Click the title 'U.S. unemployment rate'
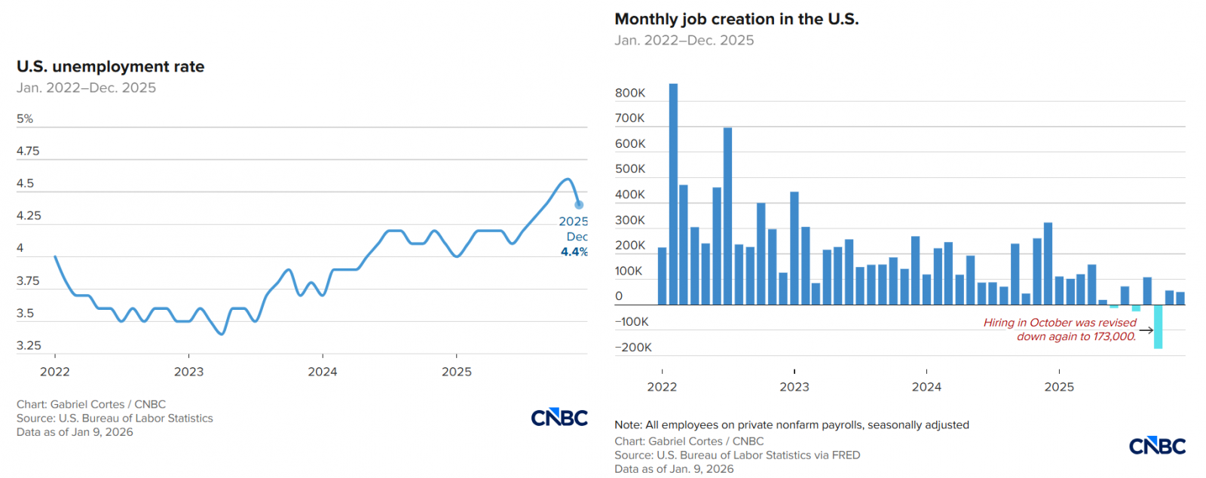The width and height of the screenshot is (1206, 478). pyautogui.click(x=110, y=67)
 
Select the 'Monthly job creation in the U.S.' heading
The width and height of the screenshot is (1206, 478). pyautogui.click(x=736, y=20)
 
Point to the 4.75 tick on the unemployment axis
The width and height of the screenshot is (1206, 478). pyautogui.click(x=28, y=151)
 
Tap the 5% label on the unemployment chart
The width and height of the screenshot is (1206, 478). pyautogui.click(x=25, y=119)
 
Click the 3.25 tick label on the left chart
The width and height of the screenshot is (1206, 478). pyautogui.click(x=29, y=345)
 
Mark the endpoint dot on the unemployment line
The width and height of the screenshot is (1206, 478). pyautogui.click(x=579, y=204)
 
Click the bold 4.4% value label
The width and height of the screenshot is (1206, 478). pyautogui.click(x=574, y=252)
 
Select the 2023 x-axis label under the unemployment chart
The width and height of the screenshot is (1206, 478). pyautogui.click(x=188, y=372)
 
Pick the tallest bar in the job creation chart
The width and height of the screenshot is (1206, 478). pyautogui.click(x=673, y=194)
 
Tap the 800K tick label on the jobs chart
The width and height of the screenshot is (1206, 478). pyautogui.click(x=630, y=93)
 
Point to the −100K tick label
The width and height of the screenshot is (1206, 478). pyautogui.click(x=632, y=322)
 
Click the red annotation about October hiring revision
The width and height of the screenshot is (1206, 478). pyautogui.click(x=1060, y=329)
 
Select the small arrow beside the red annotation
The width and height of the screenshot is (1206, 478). pyautogui.click(x=1146, y=330)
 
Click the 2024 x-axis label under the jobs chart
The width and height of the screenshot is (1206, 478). pyautogui.click(x=926, y=387)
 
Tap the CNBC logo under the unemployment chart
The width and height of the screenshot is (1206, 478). pyautogui.click(x=559, y=418)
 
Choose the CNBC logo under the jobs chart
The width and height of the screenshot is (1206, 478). pyautogui.click(x=1157, y=446)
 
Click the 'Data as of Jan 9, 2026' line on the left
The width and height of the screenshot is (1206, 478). pyautogui.click(x=75, y=432)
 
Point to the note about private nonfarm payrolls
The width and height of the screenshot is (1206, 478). pyautogui.click(x=791, y=425)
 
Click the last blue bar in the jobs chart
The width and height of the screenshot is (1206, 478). pyautogui.click(x=1180, y=299)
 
